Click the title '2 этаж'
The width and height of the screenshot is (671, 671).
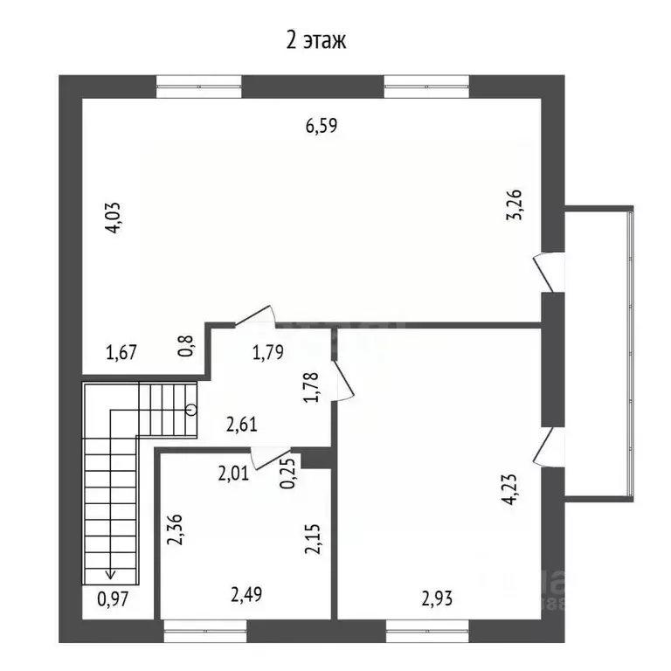coord(315,41)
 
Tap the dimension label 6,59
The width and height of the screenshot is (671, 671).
coord(322,126)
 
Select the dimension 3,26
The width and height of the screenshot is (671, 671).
coord(515,204)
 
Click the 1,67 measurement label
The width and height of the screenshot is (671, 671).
coord(121,352)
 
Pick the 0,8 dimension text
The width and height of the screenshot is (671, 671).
coord(187,346)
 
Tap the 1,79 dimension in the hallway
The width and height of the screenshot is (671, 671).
coord(268,352)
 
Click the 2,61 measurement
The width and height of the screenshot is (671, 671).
coord(242,425)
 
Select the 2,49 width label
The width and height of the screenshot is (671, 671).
coord(246,594)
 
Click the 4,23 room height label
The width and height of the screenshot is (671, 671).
coord(511,489)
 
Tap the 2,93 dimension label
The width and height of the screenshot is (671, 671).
coord(437,598)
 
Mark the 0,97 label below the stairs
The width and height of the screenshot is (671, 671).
coord(113,598)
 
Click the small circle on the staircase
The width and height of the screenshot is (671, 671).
coord(192,410)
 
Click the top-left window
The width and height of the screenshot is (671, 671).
coord(199,86)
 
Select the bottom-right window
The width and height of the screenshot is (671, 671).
coord(426,631)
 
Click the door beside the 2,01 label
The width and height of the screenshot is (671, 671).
coord(271,459)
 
